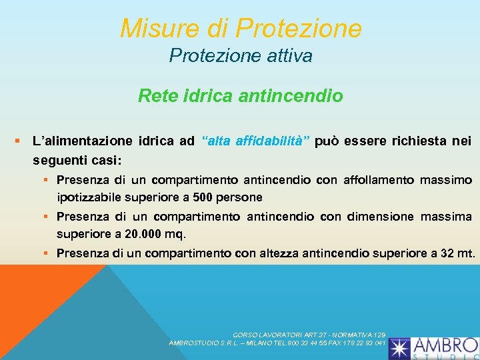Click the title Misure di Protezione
click(241, 29)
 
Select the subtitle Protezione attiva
click(241, 56)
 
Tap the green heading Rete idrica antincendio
click(241, 96)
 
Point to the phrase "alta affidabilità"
click(256, 141)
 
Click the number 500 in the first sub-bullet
click(204, 197)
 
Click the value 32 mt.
click(459, 253)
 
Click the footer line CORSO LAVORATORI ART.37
click(309, 335)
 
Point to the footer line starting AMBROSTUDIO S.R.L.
click(277, 343)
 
